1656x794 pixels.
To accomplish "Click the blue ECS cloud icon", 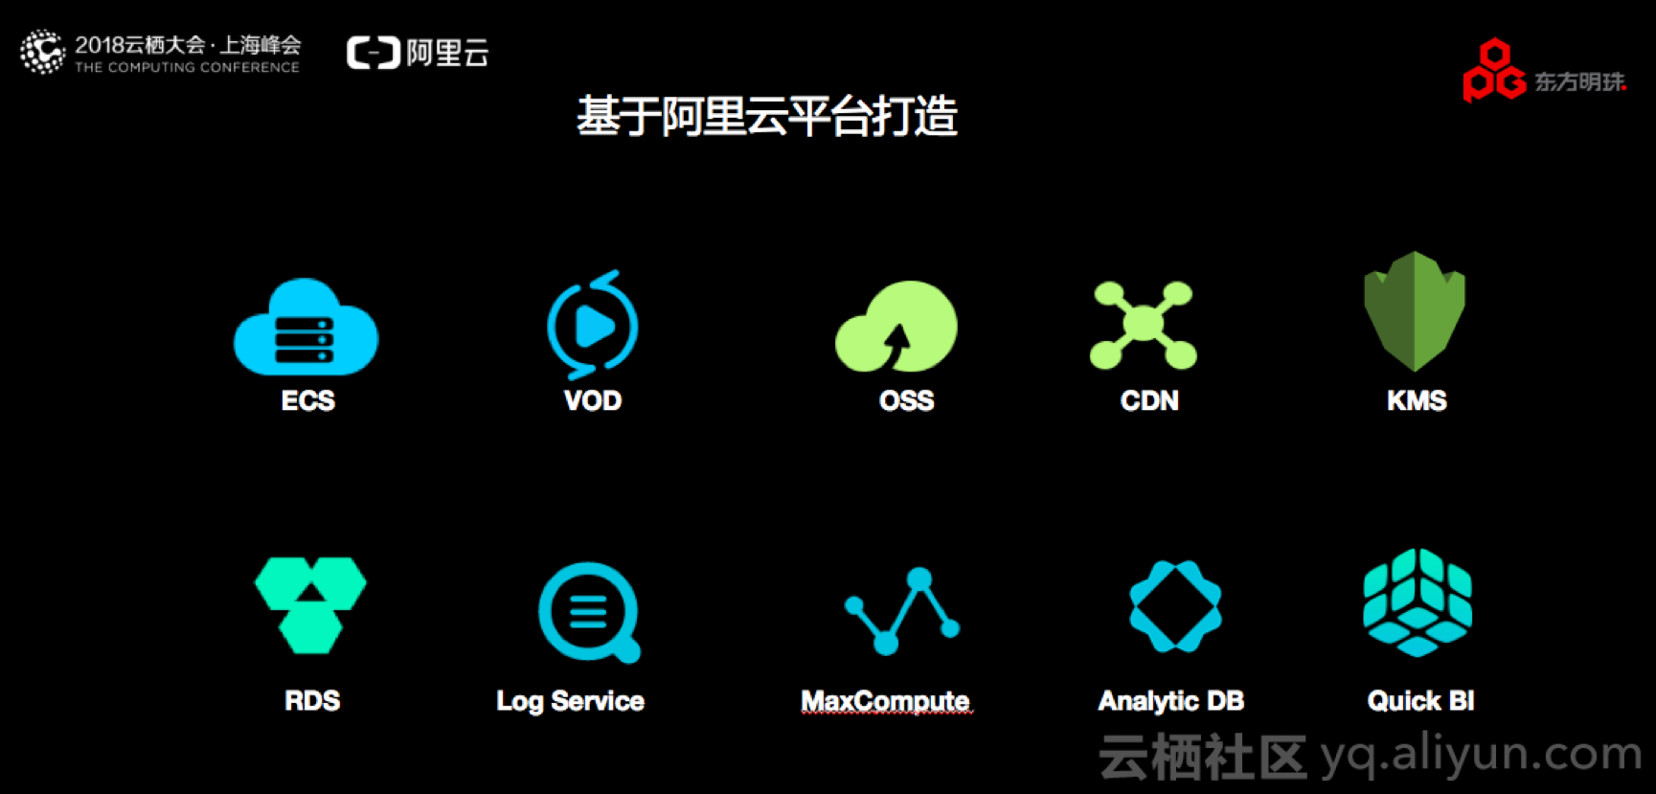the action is [306, 329].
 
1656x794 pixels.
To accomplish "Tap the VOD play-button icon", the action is [593, 326].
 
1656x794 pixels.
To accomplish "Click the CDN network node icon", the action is [1144, 325].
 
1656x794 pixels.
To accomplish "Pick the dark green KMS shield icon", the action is [1415, 310].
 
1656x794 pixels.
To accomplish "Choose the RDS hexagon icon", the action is [310, 604].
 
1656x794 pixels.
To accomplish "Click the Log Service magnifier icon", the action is [588, 611].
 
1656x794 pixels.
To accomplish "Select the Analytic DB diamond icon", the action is [1175, 606].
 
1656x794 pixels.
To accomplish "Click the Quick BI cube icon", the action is [1418, 602].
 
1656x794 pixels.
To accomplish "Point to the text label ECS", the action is [308, 400].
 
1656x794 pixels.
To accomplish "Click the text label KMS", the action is [1417, 400].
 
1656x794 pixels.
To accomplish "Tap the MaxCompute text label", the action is [886, 701].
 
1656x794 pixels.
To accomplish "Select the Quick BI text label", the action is [1420, 701].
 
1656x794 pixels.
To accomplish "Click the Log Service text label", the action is [570, 701].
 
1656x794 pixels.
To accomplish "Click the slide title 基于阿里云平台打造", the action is [767, 117].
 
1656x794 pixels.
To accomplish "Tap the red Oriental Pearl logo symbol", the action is [1493, 71].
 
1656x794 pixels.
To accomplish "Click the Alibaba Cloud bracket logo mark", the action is [373, 53].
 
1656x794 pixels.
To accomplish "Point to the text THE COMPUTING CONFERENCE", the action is [187, 68].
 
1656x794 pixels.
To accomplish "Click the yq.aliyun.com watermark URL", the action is [1481, 755].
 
